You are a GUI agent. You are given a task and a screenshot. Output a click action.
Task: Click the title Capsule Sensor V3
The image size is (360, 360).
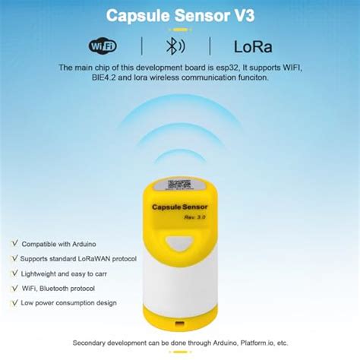(x=179, y=15)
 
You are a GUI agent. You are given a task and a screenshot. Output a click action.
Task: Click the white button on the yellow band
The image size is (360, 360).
(x=180, y=243)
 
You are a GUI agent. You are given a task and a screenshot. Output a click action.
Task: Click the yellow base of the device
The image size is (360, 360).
(x=180, y=323)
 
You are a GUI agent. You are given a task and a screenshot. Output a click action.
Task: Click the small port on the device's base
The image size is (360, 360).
(x=180, y=332)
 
